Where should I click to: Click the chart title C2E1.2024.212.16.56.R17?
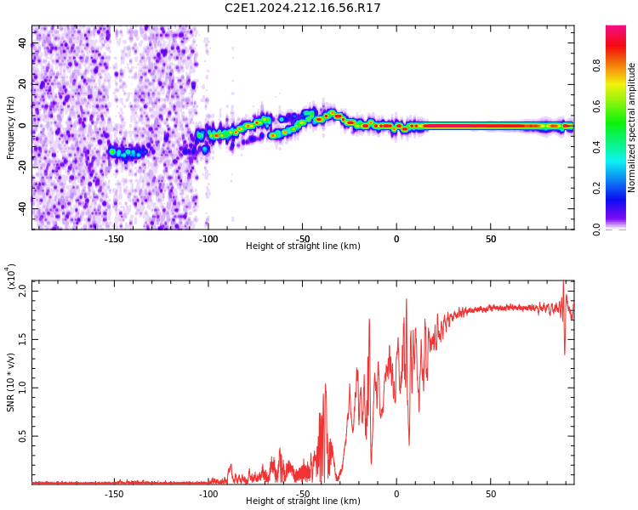click(x=302, y=8)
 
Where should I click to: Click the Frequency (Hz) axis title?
click(x=10, y=127)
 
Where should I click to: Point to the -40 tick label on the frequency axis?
click(x=21, y=208)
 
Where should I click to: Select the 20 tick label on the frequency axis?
click(x=23, y=84)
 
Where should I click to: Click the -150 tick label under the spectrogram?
click(x=114, y=238)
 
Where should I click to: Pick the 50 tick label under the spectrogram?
click(x=491, y=238)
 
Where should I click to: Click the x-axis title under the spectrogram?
click(x=303, y=246)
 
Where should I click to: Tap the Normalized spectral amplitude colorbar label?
click(x=632, y=127)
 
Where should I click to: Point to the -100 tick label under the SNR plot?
click(x=208, y=493)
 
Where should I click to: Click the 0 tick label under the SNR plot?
click(x=396, y=493)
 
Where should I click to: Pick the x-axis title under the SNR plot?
click(x=303, y=501)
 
